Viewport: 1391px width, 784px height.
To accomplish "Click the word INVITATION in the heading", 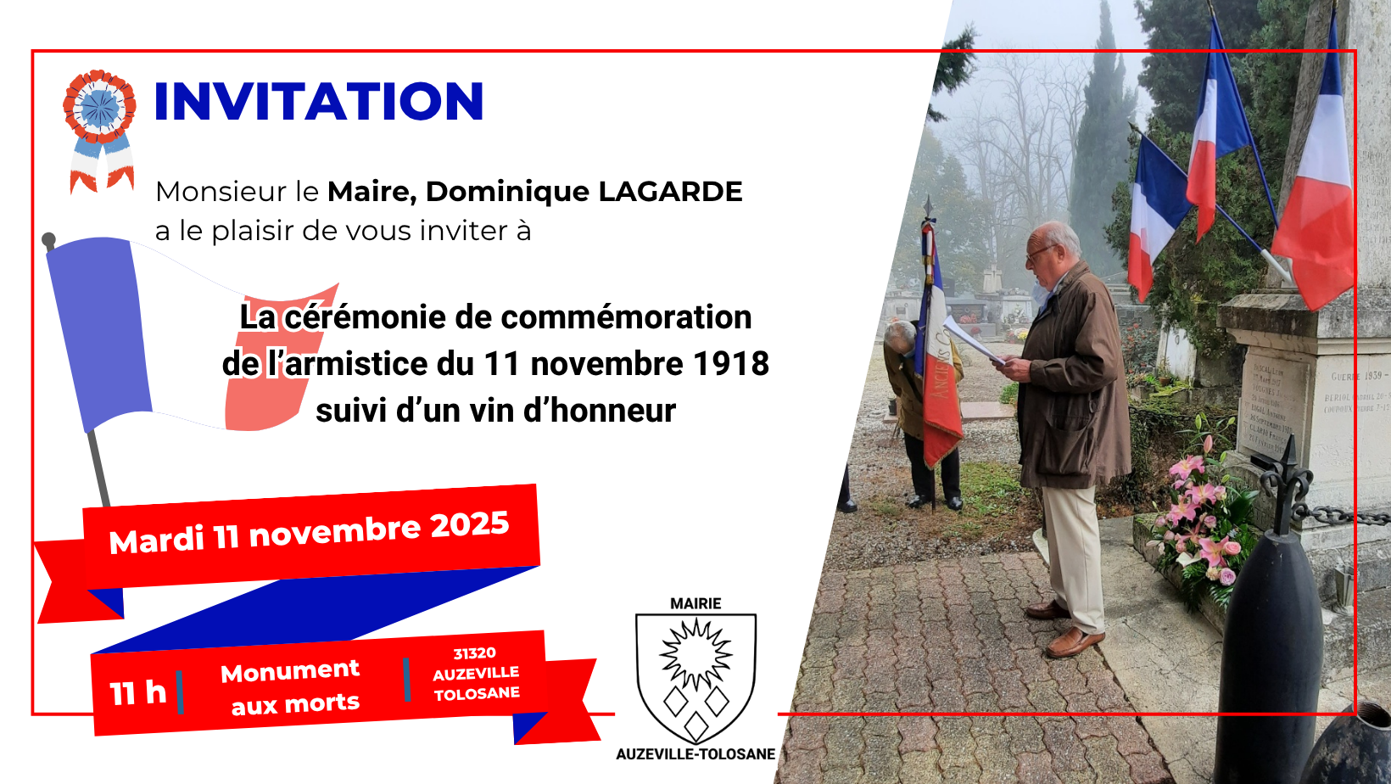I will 319,102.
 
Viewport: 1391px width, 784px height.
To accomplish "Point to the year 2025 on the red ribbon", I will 469,525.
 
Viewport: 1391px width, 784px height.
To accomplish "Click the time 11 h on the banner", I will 137,692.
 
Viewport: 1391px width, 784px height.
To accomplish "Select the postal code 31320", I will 474,653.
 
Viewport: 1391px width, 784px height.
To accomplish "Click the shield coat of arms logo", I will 695,676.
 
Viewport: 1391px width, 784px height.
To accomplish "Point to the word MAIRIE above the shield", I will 695,603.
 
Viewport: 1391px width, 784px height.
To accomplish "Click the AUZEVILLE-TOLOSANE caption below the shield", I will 695,753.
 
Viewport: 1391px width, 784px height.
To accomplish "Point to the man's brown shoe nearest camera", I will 1075,642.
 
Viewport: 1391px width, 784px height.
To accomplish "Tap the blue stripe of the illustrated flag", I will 98,331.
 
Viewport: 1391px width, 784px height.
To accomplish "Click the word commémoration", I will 603,317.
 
